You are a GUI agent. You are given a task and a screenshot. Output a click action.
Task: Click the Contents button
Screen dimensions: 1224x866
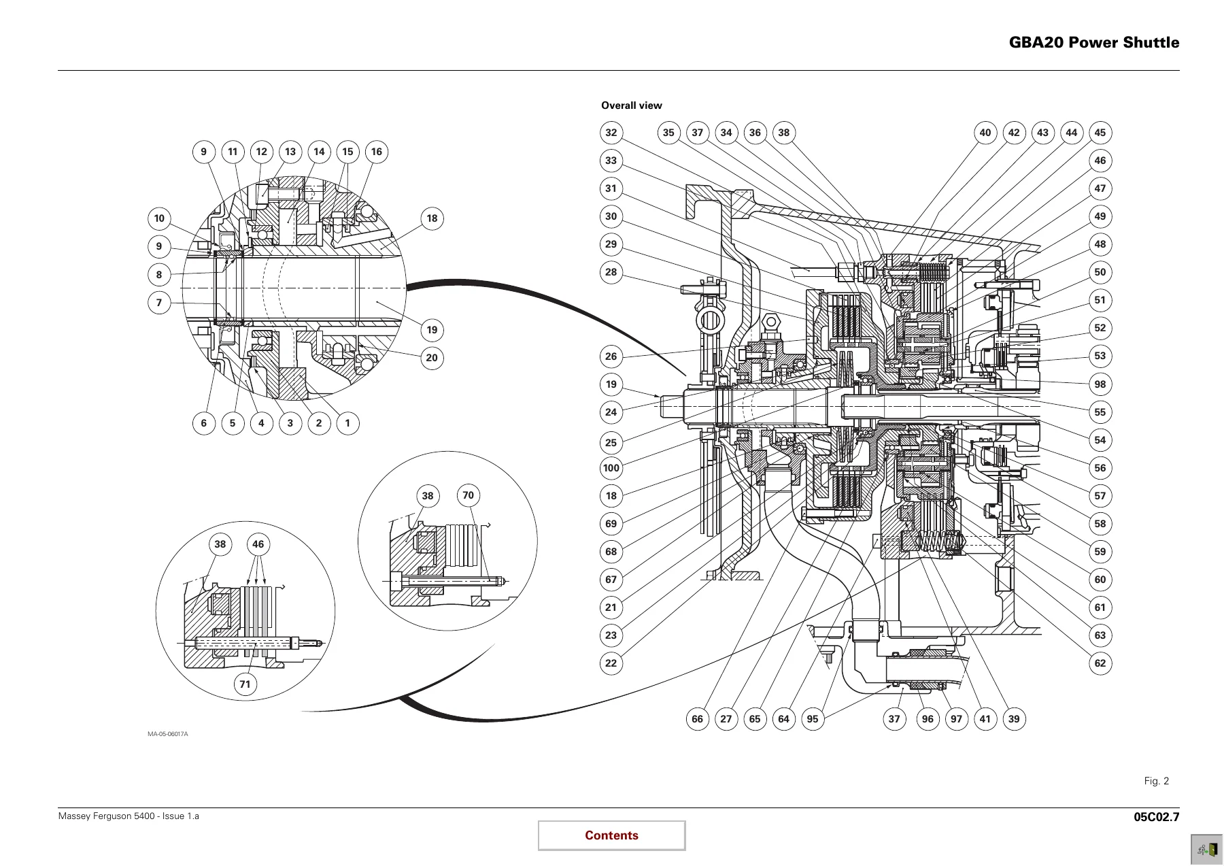click(x=611, y=835)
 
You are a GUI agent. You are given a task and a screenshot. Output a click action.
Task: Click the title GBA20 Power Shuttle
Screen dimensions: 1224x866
click(x=1093, y=42)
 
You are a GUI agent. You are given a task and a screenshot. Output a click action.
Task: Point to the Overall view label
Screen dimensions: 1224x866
click(x=631, y=105)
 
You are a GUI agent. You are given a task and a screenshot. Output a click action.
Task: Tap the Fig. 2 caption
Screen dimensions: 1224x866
click(x=1156, y=781)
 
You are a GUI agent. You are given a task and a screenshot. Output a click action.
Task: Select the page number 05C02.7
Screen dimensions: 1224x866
click(x=1157, y=817)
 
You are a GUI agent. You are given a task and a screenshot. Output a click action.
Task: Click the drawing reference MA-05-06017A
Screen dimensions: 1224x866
click(x=168, y=734)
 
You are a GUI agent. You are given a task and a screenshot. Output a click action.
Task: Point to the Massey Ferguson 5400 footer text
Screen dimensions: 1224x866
click(x=129, y=816)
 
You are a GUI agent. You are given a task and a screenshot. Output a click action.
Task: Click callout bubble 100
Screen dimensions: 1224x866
click(x=611, y=468)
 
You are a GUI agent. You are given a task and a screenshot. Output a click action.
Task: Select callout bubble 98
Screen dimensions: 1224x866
click(x=1100, y=384)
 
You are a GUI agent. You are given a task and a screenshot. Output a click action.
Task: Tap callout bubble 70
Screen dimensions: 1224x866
click(x=468, y=495)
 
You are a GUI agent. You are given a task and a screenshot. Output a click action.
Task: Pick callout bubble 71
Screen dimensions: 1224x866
click(x=245, y=684)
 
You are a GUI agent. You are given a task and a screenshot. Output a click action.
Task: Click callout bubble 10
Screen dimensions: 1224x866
click(x=159, y=218)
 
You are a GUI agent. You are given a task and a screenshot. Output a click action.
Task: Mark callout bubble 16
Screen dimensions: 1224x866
click(x=377, y=152)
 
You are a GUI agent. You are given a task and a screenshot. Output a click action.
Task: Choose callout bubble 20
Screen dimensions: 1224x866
click(x=432, y=358)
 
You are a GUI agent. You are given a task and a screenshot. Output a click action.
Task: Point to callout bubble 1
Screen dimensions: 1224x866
click(x=347, y=423)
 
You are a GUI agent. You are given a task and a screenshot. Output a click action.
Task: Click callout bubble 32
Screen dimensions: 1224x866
click(x=611, y=133)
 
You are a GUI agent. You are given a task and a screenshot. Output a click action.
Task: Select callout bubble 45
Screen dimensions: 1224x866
click(x=1100, y=133)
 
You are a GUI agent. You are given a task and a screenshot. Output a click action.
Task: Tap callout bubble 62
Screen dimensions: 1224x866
click(x=1100, y=663)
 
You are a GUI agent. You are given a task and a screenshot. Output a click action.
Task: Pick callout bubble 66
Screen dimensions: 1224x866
click(x=698, y=719)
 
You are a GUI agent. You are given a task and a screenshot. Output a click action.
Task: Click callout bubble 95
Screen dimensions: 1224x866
click(x=813, y=719)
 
